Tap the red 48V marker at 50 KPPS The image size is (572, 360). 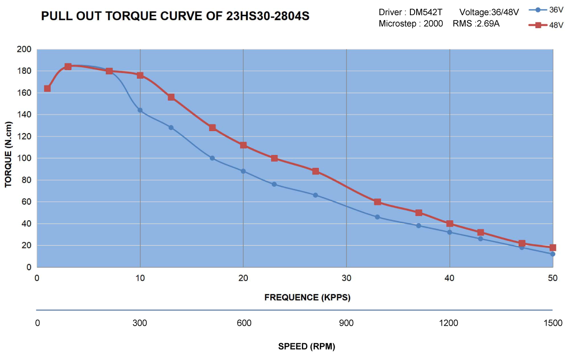[x=552, y=247]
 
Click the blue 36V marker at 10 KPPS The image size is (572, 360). [x=140, y=110]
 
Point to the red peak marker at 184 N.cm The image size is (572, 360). [x=68, y=67]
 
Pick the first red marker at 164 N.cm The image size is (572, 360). [x=47, y=88]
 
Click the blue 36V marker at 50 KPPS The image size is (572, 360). [x=552, y=254]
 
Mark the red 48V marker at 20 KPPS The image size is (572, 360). [x=243, y=145]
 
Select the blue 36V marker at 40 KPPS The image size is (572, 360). [x=449, y=232]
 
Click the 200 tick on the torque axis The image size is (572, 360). [x=24, y=49]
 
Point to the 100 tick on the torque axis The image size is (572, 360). [x=24, y=158]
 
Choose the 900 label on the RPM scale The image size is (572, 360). [x=347, y=323]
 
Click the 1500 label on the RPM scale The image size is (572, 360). [x=552, y=323]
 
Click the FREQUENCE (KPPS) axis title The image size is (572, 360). [x=307, y=298]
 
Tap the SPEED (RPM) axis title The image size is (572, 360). [x=306, y=347]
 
